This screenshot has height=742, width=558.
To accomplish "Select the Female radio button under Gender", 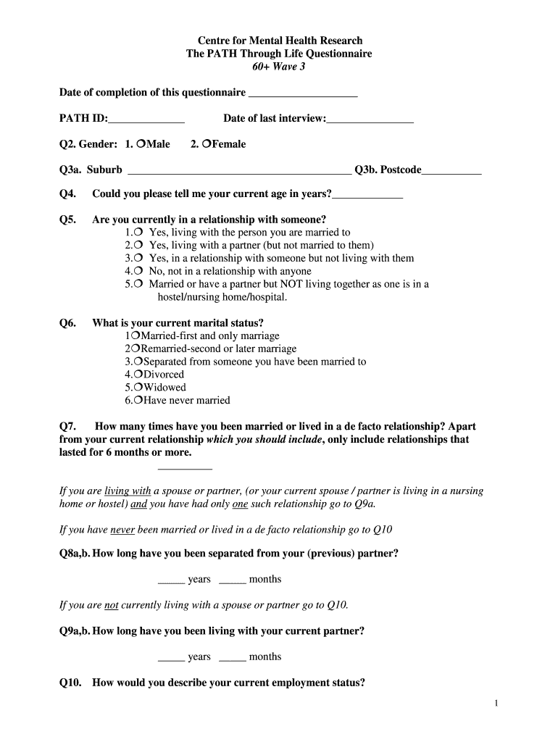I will click(207, 144).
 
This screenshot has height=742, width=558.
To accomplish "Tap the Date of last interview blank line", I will click(370, 120).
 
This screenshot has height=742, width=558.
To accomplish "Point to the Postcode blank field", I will click(451, 171).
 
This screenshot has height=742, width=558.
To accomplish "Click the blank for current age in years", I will click(367, 195).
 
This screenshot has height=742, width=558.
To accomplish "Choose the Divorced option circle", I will click(138, 375).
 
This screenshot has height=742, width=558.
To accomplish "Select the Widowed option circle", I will click(138, 388).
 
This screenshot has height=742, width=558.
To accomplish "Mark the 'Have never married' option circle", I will click(138, 401).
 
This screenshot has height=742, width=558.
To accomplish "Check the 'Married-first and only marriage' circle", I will click(135, 336).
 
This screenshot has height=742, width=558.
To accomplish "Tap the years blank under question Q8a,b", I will click(171, 580).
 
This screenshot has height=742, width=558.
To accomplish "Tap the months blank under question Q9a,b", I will click(232, 657).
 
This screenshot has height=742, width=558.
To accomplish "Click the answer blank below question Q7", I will click(185, 467).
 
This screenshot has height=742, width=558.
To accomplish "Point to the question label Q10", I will click(70, 683).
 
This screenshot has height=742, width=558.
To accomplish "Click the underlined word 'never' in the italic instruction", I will click(122, 530).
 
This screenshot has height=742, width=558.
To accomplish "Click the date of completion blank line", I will click(302, 93).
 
